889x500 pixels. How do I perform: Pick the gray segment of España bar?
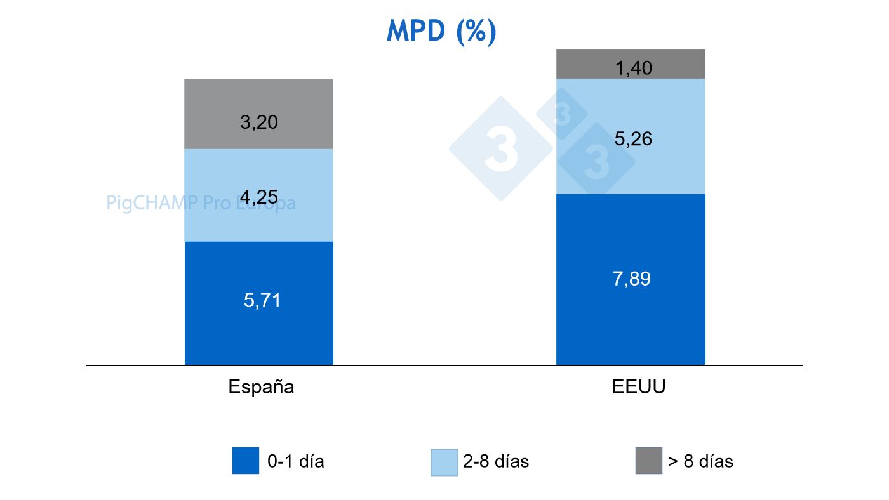tap(258, 102)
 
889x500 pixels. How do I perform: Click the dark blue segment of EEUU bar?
tap(630, 317)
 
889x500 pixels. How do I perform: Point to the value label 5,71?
tap(262, 301)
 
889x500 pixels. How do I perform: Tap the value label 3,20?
tap(259, 122)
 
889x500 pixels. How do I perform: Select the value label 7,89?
tap(632, 279)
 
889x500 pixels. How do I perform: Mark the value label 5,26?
tap(633, 139)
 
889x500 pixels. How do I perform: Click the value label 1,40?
tap(633, 68)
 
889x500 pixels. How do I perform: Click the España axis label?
tap(261, 387)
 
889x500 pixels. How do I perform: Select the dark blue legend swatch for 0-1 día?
tap(246, 461)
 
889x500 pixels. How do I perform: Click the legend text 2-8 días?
tap(496, 461)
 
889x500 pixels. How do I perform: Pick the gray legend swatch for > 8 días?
tap(648, 461)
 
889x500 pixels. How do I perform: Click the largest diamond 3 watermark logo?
tap(501, 149)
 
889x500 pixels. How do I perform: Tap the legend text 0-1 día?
tap(296, 461)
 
